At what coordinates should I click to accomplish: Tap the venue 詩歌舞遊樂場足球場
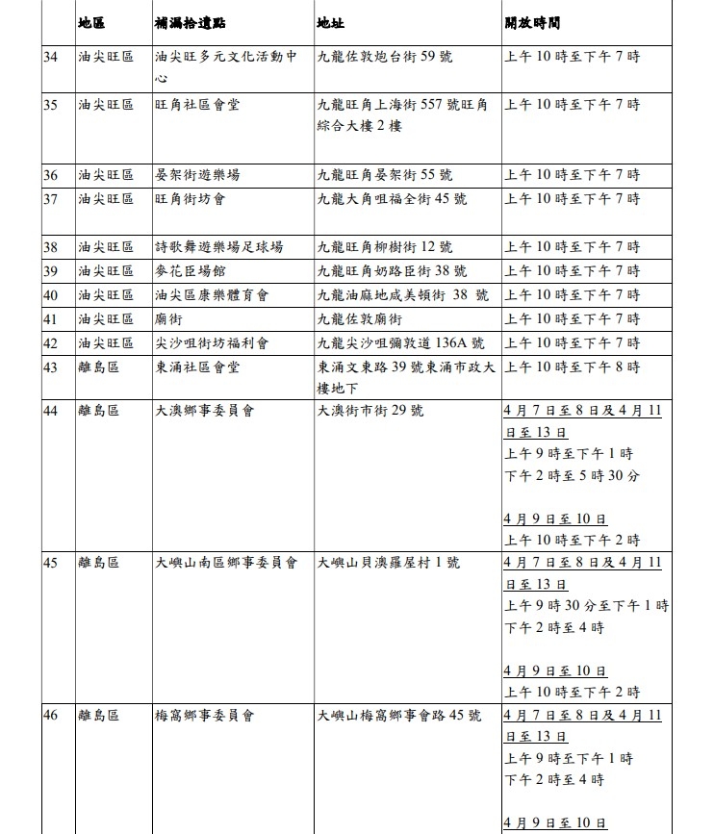(x=218, y=247)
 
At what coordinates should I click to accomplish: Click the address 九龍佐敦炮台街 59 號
(x=384, y=57)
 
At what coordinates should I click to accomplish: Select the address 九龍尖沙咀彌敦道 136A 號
(x=401, y=342)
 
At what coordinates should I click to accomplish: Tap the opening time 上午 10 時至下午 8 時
(x=572, y=366)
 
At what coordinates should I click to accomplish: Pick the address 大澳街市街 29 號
(x=370, y=411)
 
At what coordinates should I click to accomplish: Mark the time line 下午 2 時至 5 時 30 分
(x=572, y=475)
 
